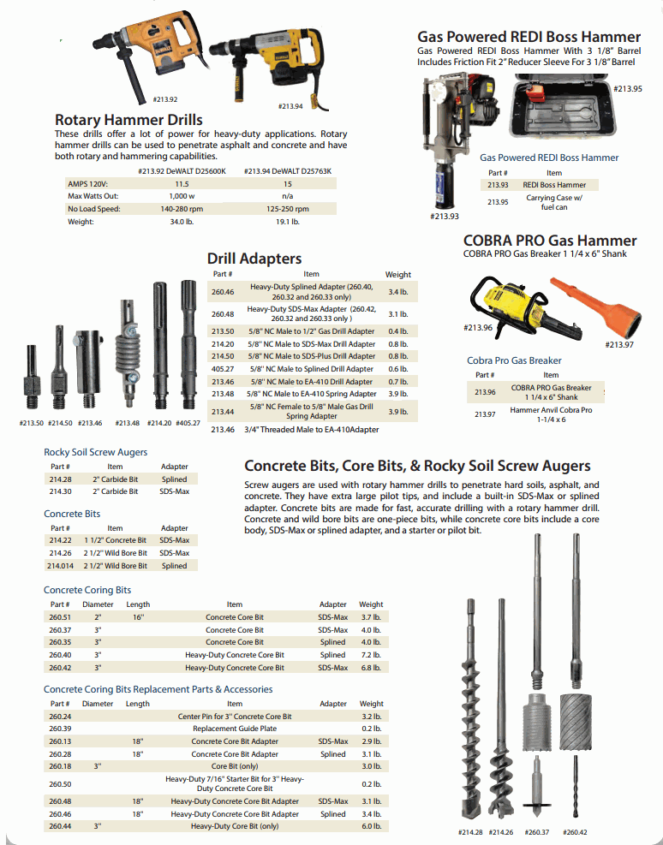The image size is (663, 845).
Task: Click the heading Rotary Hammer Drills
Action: click(128, 120)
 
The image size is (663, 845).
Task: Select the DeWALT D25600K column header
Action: click(182, 171)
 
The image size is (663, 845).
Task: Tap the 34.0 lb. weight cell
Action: click(182, 222)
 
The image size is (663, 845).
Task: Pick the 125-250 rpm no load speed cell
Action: click(287, 209)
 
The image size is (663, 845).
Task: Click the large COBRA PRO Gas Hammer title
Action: click(549, 241)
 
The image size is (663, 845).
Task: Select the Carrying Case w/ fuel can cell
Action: click(553, 202)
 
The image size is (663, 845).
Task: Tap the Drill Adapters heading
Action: click(254, 258)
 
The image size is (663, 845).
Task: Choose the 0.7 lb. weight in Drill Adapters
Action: click(397, 381)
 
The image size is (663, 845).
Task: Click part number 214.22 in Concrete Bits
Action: click(60, 540)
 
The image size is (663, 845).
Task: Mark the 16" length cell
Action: click(138, 616)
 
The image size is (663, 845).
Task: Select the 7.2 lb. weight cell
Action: click(371, 655)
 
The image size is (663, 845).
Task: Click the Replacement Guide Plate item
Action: click(234, 729)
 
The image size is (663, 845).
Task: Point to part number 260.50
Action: click(60, 783)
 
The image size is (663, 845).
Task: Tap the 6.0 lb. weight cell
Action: click(371, 826)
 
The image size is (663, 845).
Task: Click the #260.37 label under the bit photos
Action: click(537, 831)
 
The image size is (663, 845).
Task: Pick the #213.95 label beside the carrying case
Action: click(628, 88)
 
